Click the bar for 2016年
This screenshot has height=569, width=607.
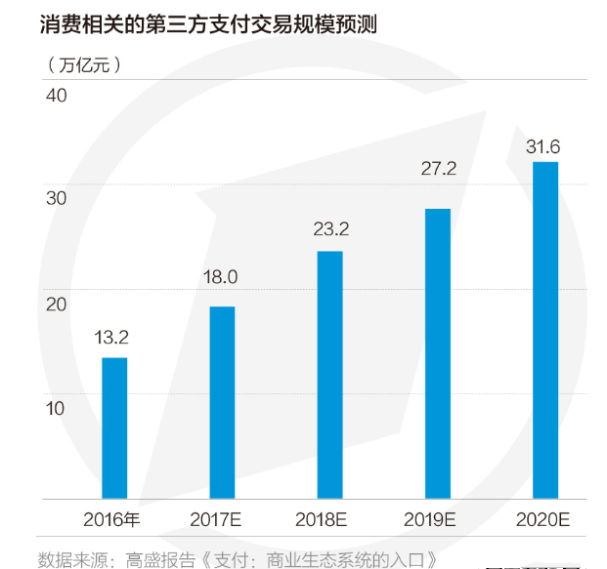(114, 428)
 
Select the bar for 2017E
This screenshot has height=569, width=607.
(222, 403)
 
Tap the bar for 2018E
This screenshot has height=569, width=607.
(330, 376)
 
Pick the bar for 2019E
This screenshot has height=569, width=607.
(438, 354)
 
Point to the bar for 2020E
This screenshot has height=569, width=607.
(545, 331)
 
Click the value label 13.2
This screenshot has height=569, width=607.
(112, 339)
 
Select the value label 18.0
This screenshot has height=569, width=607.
(220, 277)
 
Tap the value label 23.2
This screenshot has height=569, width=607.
(330, 230)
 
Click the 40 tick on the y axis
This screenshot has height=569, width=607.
(55, 96)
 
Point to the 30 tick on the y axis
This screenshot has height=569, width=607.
(55, 199)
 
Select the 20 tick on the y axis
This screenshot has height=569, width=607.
(55, 304)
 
